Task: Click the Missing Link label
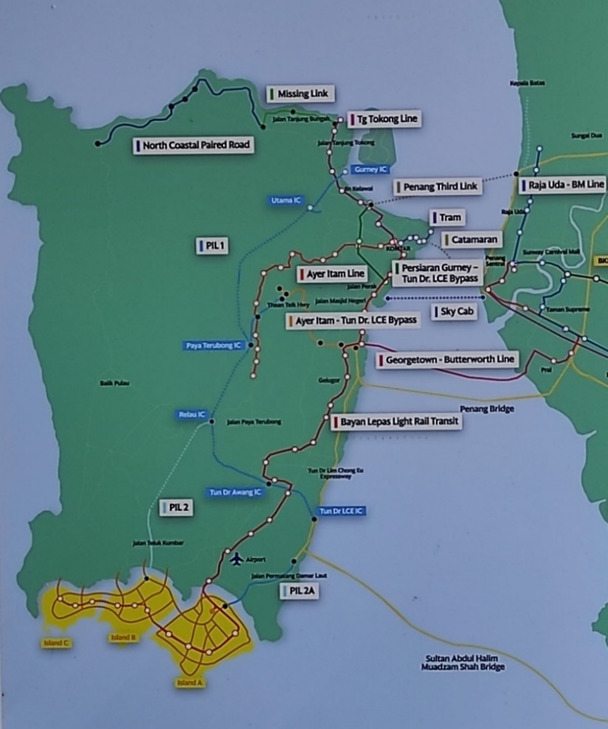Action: point(301,94)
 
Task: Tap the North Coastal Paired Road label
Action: point(195,145)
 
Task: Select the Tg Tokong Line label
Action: point(384,118)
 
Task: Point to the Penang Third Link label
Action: point(438,186)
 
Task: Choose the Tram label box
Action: point(447,218)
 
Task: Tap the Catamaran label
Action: point(471,240)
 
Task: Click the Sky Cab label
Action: point(457,312)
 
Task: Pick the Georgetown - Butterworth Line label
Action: point(447,360)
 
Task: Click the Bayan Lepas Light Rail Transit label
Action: point(395,422)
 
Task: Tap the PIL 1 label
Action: point(212,246)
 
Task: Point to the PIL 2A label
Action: point(300,590)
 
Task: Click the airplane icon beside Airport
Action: point(236,559)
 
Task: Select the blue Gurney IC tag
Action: point(370,170)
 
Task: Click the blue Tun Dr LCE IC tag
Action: point(342,511)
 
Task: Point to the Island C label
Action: point(56,643)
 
